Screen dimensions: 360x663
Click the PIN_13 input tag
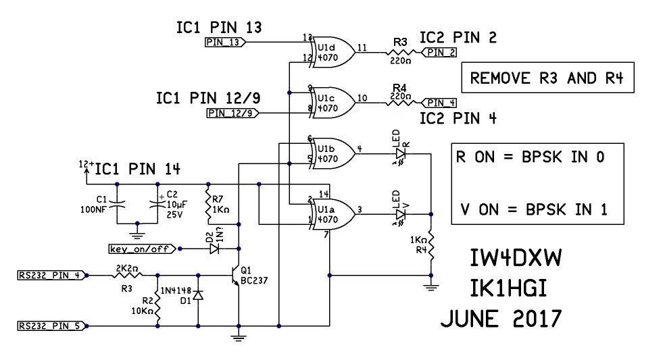(x=224, y=43)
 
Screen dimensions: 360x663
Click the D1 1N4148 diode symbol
(x=198, y=296)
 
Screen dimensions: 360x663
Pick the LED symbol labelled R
(x=400, y=155)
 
